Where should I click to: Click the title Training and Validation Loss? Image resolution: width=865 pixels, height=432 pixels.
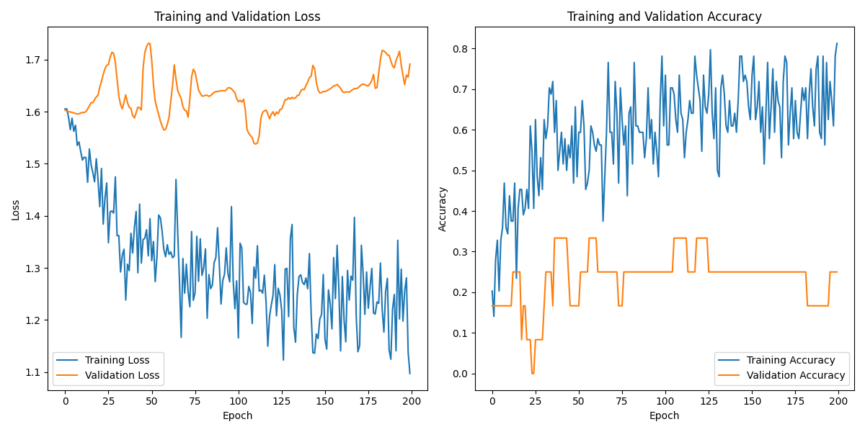[238, 17]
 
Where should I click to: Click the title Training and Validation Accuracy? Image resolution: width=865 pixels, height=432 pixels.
[664, 17]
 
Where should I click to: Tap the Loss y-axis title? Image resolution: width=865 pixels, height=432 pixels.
[15, 209]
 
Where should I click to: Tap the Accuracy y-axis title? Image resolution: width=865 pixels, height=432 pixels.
[443, 209]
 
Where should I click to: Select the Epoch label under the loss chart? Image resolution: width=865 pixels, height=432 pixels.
[237, 415]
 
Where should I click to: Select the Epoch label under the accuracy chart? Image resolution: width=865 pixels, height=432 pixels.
[664, 415]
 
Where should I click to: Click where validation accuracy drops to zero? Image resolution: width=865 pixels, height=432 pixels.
[533, 373]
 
